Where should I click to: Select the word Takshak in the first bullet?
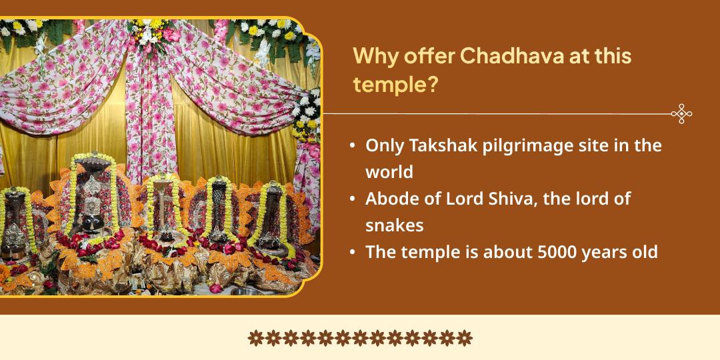tap(441, 145)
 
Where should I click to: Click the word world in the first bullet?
tap(389, 171)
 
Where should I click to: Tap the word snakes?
tap(395, 225)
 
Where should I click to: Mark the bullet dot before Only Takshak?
tap(352, 146)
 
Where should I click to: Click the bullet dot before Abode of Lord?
tap(352, 199)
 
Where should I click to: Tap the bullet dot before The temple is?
tap(352, 253)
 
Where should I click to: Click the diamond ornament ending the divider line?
tap(681, 114)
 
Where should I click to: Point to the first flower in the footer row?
tap(255, 338)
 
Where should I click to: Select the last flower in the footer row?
tap(465, 338)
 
